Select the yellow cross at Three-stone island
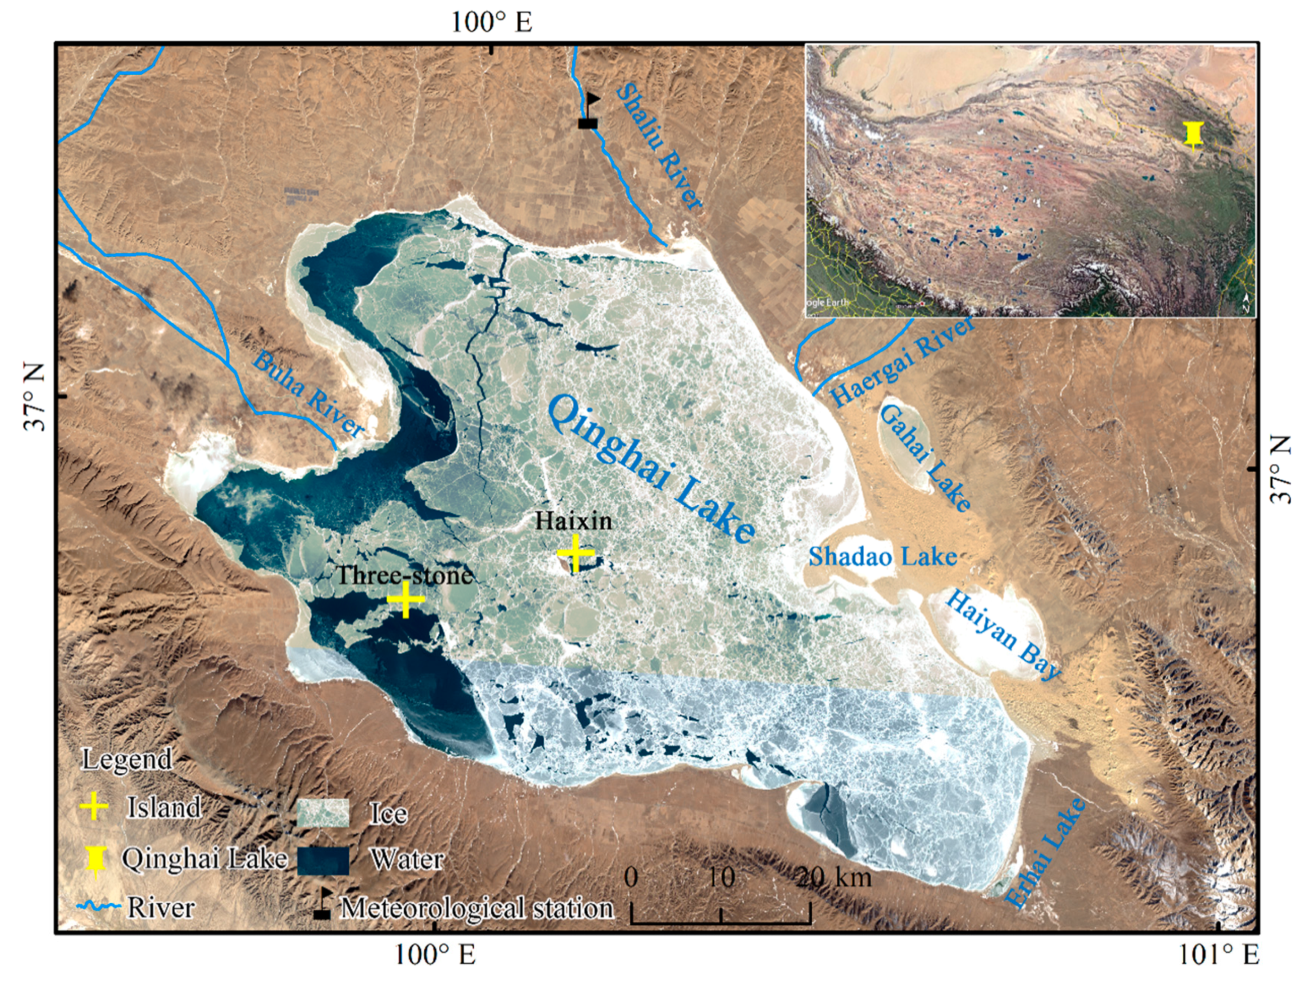click(406, 599)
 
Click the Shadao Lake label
click(882, 556)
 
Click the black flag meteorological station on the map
click(589, 112)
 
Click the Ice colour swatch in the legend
click(322, 812)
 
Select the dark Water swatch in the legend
click(322, 860)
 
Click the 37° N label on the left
click(35, 397)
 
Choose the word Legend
click(127, 759)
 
